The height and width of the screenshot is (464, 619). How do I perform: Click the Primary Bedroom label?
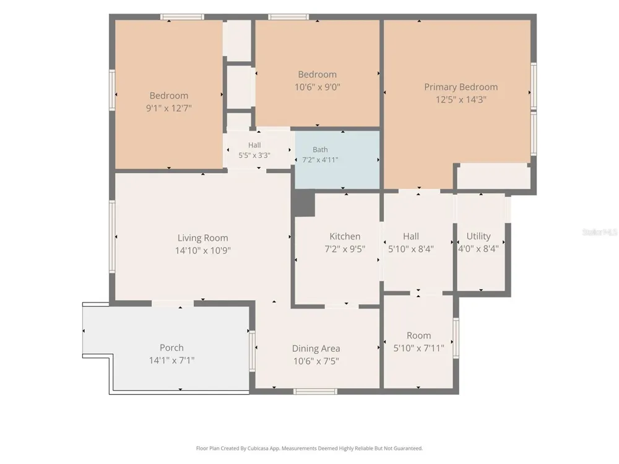pyautogui.click(x=461, y=87)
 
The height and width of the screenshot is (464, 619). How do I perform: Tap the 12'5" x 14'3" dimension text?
pyautogui.click(x=461, y=100)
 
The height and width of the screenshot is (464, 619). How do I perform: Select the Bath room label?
pyautogui.click(x=320, y=150)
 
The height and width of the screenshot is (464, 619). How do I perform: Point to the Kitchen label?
pyautogui.click(x=345, y=236)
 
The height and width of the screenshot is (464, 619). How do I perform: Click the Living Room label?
pyautogui.click(x=202, y=238)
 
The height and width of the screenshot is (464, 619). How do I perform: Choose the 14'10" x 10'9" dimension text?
pyautogui.click(x=202, y=250)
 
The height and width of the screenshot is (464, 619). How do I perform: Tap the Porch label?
pyautogui.click(x=171, y=348)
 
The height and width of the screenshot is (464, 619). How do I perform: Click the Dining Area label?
pyautogui.click(x=316, y=348)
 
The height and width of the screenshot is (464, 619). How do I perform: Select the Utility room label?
pyautogui.click(x=478, y=236)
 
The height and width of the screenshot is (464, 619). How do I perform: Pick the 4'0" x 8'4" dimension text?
pyautogui.click(x=478, y=249)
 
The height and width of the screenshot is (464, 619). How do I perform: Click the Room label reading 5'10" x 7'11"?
pyautogui.click(x=418, y=335)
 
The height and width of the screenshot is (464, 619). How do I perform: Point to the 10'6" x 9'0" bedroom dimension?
pyautogui.click(x=318, y=87)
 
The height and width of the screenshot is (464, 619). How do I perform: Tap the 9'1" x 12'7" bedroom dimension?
pyautogui.click(x=168, y=108)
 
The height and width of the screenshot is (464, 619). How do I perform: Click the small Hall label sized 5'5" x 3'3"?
pyautogui.click(x=254, y=145)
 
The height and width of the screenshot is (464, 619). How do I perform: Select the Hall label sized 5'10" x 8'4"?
pyautogui.click(x=410, y=236)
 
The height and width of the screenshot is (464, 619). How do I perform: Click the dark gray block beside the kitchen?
pyautogui.click(x=303, y=202)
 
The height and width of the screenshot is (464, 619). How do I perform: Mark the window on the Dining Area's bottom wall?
pyautogui.click(x=315, y=392)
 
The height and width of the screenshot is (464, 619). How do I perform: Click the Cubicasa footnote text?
pyautogui.click(x=309, y=448)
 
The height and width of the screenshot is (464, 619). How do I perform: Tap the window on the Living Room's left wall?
pyautogui.click(x=112, y=236)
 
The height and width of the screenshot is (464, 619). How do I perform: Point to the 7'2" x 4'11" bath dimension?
pyautogui.click(x=320, y=160)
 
